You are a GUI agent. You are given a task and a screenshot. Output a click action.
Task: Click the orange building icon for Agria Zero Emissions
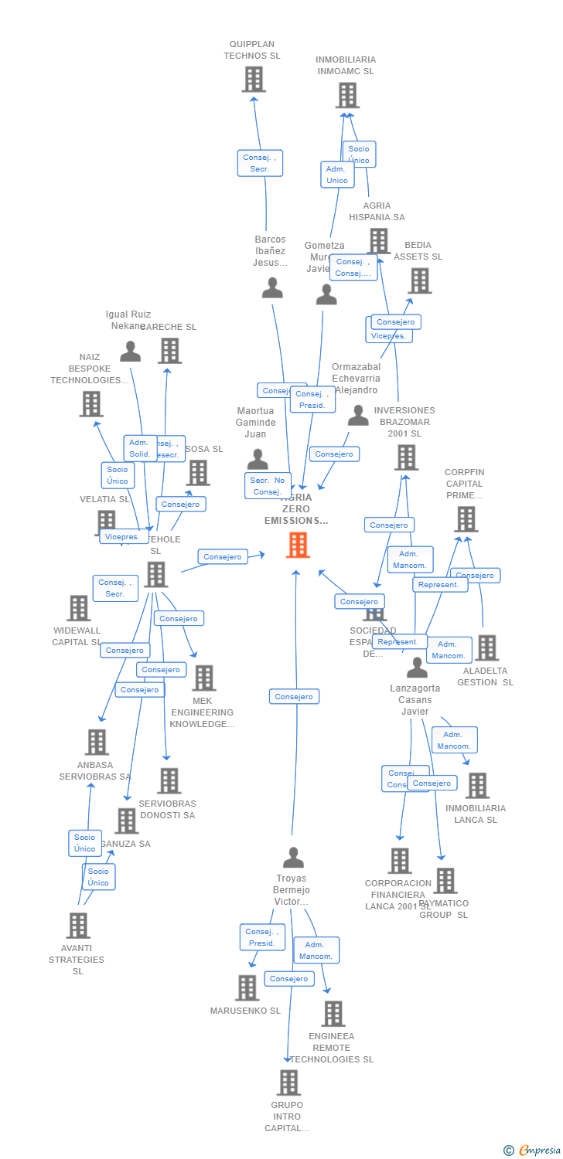(x=298, y=545)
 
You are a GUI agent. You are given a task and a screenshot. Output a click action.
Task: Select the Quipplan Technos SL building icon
(x=254, y=80)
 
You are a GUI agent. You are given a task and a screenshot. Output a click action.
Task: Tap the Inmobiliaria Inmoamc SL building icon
(x=347, y=95)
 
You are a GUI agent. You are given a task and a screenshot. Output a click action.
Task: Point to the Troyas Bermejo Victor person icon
(x=293, y=858)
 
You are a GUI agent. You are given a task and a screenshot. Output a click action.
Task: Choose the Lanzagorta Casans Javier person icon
(x=417, y=668)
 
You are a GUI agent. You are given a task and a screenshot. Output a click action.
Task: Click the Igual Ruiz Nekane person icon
(x=131, y=352)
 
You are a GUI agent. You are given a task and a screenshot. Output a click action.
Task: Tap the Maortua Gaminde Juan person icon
(x=258, y=460)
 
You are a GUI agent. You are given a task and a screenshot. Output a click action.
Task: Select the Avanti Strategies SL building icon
(x=78, y=925)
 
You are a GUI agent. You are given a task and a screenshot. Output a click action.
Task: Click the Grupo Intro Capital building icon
(x=288, y=1083)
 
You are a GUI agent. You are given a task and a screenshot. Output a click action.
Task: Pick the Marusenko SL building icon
(x=247, y=987)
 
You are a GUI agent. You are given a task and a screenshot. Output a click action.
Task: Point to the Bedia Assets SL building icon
(x=420, y=281)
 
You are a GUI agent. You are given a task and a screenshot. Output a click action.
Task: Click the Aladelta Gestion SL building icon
(x=486, y=647)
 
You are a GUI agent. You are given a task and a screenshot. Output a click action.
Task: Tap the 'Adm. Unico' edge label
(x=337, y=175)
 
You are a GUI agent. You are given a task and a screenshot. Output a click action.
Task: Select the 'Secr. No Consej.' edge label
(x=268, y=486)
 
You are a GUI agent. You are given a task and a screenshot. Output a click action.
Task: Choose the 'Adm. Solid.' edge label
(x=140, y=448)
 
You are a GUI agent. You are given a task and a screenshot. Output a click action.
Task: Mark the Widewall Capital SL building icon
(x=78, y=608)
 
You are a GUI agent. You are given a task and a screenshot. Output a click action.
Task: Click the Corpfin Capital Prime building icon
(x=466, y=519)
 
